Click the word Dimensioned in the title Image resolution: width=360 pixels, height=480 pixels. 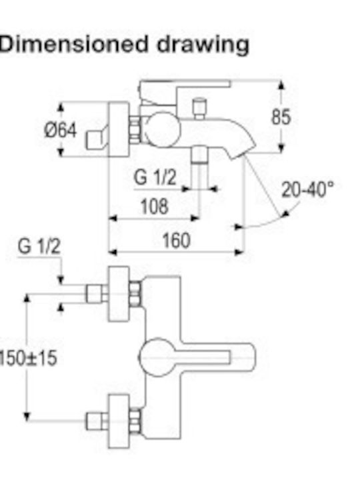73,44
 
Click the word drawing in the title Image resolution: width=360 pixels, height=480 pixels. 203,45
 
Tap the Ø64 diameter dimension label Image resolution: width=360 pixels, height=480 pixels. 60,130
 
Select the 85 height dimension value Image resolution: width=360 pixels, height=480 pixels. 281,117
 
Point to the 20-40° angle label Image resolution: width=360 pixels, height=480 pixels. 307,189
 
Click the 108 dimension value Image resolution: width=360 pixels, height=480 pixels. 154,206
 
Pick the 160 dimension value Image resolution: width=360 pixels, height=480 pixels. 176,240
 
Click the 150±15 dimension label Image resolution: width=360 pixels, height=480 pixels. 28,357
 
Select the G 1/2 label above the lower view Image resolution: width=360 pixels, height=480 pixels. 39,246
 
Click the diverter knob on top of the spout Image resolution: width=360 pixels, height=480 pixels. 199,108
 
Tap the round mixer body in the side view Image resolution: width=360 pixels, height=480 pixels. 162,129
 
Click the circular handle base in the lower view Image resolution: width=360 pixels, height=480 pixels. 157,357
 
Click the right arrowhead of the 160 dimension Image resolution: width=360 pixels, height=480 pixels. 239,252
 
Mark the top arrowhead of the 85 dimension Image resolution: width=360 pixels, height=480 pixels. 281,85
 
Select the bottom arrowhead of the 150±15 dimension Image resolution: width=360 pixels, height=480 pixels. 27,416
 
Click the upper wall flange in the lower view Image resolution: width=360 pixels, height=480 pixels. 119,294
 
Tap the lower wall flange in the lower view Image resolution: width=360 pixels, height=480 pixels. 119,421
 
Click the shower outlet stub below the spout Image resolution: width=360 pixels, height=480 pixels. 199,166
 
